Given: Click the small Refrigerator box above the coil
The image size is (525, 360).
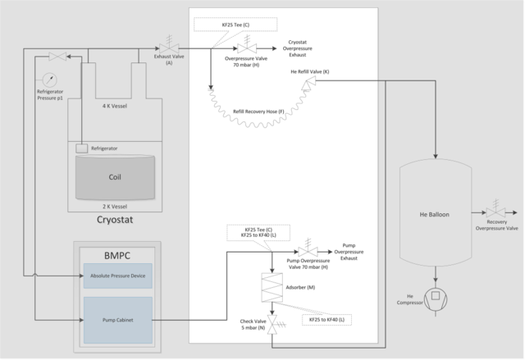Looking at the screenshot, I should (x=82, y=148).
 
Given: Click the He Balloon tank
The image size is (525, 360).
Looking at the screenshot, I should (x=436, y=214).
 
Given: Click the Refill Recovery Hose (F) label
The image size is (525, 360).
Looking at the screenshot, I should (x=259, y=110).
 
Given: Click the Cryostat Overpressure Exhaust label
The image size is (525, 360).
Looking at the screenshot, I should (x=304, y=48).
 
